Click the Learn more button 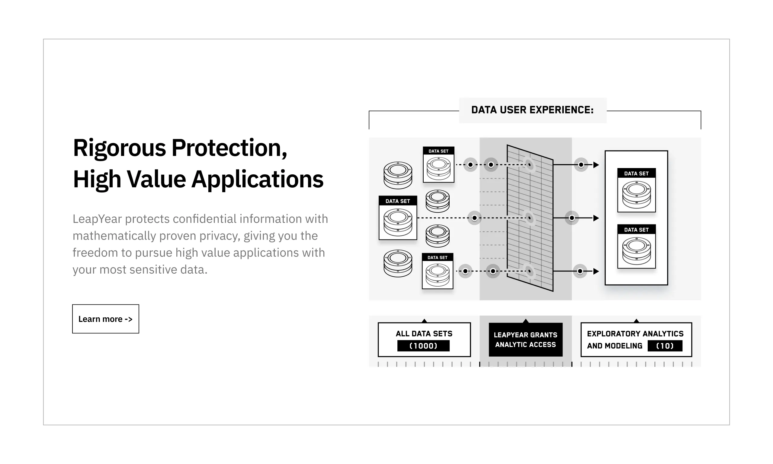coord(105,319)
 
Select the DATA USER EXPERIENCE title coord(532,110)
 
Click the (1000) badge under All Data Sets coord(423,346)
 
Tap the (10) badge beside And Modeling coord(665,346)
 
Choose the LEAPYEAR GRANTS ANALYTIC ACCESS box coord(525,340)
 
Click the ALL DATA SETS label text coord(424,334)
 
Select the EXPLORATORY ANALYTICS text coord(635,334)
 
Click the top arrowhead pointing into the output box coord(596,165)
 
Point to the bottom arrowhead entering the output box coord(596,271)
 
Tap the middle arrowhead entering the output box coord(596,218)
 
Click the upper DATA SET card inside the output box coord(636,190)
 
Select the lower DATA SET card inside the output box coord(636,246)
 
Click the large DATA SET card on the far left coord(397,218)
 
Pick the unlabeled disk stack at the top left coord(397,175)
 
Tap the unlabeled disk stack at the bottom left coord(397,263)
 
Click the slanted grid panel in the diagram coord(530,218)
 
